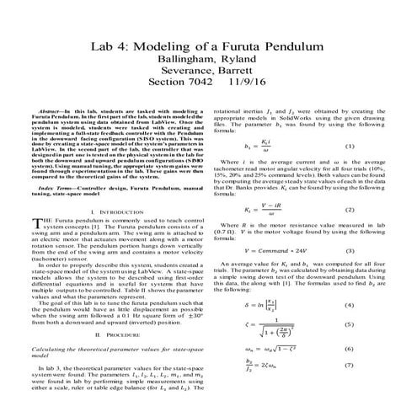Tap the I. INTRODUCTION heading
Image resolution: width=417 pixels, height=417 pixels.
tap(115, 211)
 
